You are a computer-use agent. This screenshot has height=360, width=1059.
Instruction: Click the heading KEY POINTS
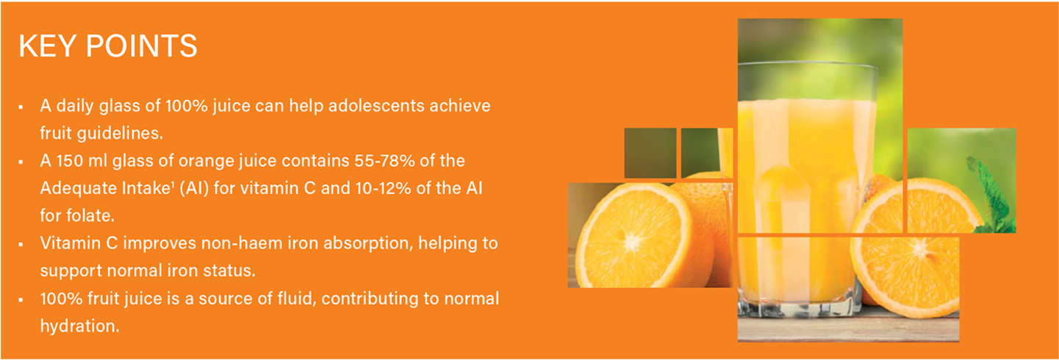click(108, 46)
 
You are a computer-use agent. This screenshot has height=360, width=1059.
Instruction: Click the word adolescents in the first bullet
click(370, 105)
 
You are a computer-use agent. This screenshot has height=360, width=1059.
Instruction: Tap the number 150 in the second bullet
click(70, 161)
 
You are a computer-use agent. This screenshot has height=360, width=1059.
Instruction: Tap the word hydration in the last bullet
click(79, 325)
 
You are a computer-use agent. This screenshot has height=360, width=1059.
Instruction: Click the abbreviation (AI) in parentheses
click(194, 188)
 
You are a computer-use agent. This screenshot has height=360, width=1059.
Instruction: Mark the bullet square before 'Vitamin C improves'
click(21, 245)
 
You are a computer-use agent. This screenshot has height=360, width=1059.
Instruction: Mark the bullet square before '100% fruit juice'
click(21, 300)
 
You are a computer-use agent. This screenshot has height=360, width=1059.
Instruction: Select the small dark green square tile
click(650, 153)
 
